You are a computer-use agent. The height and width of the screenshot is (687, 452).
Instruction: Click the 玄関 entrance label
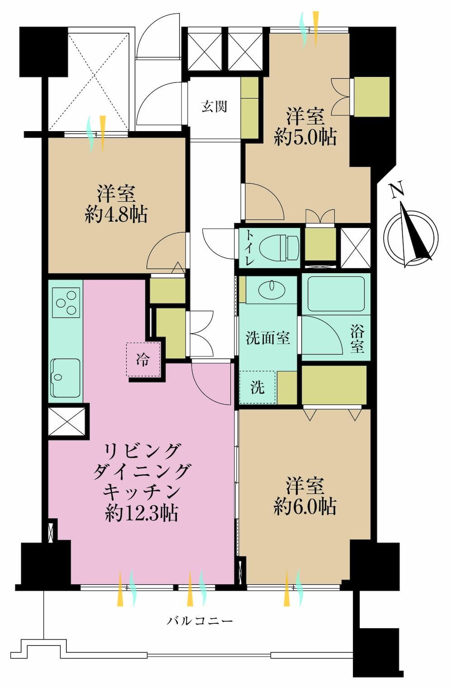[x=214, y=106]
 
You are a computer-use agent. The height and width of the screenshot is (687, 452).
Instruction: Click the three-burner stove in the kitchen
[x=66, y=303]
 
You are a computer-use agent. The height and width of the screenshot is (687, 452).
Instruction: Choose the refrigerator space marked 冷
[x=143, y=359]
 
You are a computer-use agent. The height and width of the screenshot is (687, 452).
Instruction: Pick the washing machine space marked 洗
[x=257, y=387]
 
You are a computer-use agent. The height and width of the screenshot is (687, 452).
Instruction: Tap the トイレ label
[x=249, y=248]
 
